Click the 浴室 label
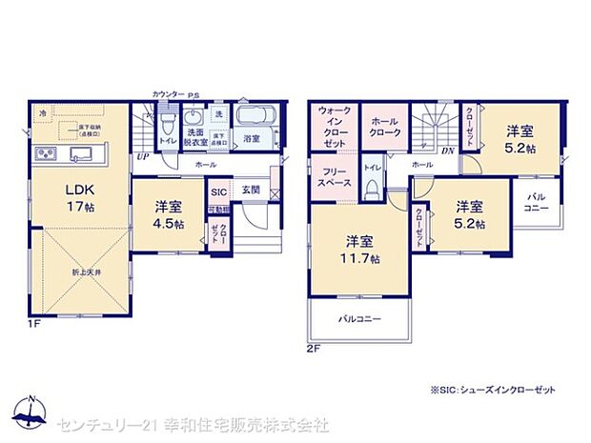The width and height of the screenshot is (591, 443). click(253, 139)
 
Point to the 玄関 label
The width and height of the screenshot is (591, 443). click(250, 189)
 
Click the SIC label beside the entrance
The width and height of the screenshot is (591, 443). click(218, 190)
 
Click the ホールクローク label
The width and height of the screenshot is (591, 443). click(385, 128)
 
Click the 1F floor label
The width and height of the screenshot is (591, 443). click(33, 324)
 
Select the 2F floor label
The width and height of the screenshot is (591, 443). click(315, 349)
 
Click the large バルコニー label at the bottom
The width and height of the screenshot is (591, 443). click(360, 319)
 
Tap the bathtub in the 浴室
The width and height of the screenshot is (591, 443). click(254, 118)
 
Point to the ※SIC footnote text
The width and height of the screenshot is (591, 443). click(491, 390)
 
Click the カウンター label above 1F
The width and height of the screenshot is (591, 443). click(167, 94)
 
